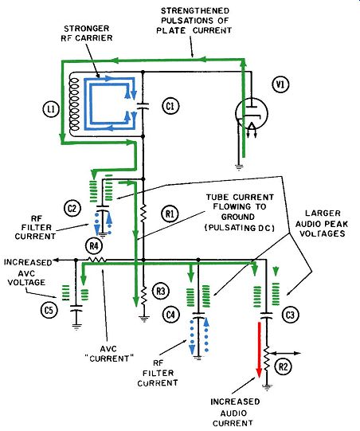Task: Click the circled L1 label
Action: tap(51, 109)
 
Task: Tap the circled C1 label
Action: tap(170, 106)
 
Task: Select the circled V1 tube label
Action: tap(280, 84)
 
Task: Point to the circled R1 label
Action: tap(170, 214)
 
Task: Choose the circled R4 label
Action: tap(94, 245)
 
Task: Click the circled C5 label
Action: tap(49, 311)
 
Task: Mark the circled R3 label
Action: tap(161, 291)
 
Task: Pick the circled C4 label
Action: tap(170, 314)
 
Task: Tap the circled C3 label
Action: tap(290, 315)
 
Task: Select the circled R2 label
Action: tap(284, 366)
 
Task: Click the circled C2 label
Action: tap(72, 209)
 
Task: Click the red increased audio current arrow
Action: tap(259, 350)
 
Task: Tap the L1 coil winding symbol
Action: tap(74, 104)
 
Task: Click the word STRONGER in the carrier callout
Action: tap(87, 29)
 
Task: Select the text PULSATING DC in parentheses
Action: tap(240, 228)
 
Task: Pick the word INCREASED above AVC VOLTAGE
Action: tap(28, 262)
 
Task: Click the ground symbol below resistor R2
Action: tap(266, 387)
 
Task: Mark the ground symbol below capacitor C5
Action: tap(76, 327)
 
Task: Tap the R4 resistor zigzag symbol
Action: tap(96, 259)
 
